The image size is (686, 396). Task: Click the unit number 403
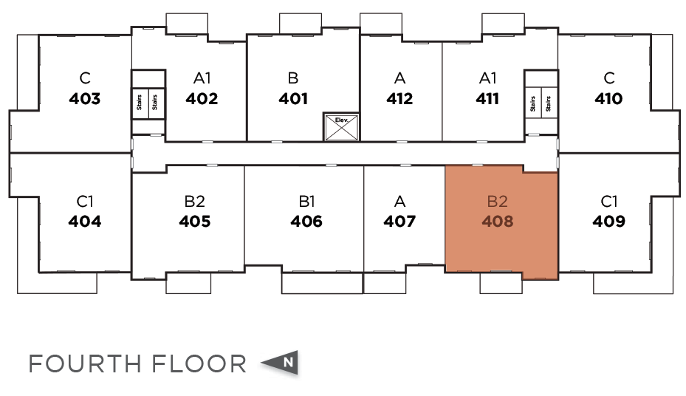pyautogui.click(x=84, y=99)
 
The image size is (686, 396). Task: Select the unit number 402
pyautogui.click(x=202, y=99)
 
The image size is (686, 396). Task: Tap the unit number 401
pyautogui.click(x=293, y=99)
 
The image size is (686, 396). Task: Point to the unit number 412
pyautogui.click(x=399, y=99)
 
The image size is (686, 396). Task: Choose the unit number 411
pyautogui.click(x=487, y=99)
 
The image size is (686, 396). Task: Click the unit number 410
pyautogui.click(x=608, y=99)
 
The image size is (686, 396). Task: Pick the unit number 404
pyautogui.click(x=84, y=221)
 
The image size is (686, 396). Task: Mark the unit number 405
pyautogui.click(x=195, y=221)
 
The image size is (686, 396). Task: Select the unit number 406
pyautogui.click(x=306, y=221)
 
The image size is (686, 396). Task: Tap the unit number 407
pyautogui.click(x=399, y=221)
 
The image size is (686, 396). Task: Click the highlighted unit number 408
pyautogui.click(x=497, y=221)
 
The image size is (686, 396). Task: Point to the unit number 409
pyautogui.click(x=608, y=221)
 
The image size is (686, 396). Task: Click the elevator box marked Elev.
pyautogui.click(x=341, y=127)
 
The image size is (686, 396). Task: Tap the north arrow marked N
pyautogui.click(x=281, y=363)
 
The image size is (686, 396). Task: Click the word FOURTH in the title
pyautogui.click(x=84, y=363)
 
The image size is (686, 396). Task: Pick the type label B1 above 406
pyautogui.click(x=306, y=200)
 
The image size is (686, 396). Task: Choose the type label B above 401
pyautogui.click(x=293, y=78)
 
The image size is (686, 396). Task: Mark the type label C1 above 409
pyautogui.click(x=608, y=200)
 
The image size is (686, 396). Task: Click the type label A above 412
pyautogui.click(x=399, y=78)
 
